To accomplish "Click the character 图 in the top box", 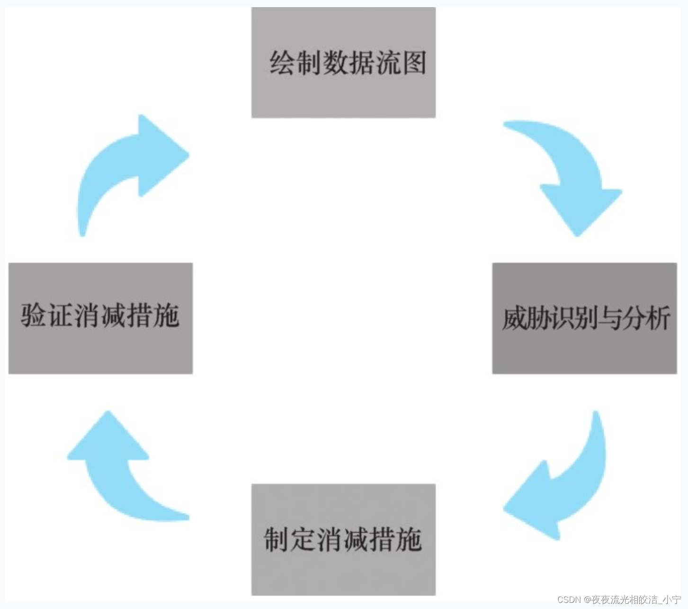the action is pos(413,62).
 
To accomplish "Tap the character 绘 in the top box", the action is pos(283,62).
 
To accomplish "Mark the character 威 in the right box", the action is pos(514,318).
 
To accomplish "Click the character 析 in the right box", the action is pos(658,318).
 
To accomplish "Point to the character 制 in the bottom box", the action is pos(277,539).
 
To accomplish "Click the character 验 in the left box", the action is pos(33,315).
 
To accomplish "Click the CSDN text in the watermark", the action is pos(569,600).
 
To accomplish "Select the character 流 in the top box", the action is pos(387,62).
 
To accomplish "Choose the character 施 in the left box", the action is pos(166,315).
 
